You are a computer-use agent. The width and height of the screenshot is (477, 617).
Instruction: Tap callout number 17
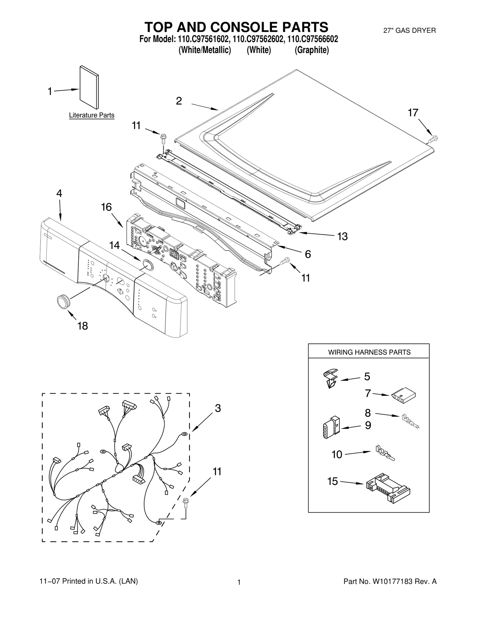click(x=413, y=113)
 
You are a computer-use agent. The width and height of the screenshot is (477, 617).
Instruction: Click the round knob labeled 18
click(x=63, y=301)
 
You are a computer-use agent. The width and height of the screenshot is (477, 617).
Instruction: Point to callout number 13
click(x=343, y=237)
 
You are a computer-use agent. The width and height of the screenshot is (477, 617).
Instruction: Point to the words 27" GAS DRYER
click(x=409, y=30)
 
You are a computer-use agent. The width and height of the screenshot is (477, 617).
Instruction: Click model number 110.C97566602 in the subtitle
click(x=313, y=39)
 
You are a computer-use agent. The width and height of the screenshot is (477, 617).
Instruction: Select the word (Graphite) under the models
click(x=312, y=50)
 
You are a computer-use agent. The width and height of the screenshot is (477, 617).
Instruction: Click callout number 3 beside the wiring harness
click(x=218, y=408)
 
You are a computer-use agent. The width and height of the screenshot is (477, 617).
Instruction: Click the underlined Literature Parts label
click(x=92, y=115)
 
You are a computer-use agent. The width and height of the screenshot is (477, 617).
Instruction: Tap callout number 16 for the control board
click(x=106, y=207)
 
